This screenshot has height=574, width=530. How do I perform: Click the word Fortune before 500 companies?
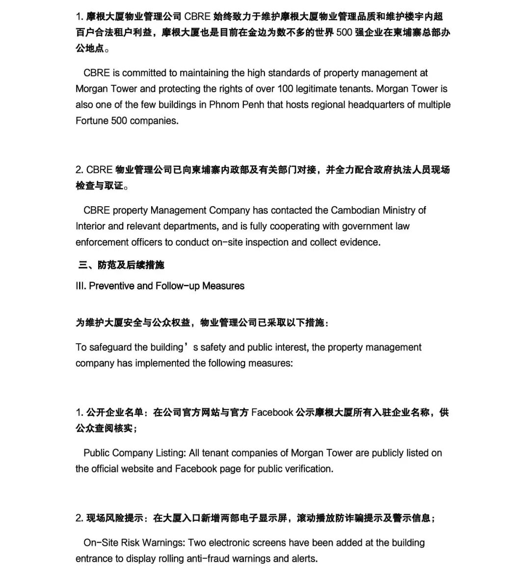(92, 121)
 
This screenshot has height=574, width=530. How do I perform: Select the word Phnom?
(225, 105)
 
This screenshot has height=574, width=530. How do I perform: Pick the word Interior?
(90, 226)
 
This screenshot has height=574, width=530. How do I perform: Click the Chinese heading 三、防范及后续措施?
(121, 265)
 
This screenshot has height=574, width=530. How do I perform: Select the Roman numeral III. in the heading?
(81, 286)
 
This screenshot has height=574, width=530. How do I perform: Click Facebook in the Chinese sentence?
(272, 412)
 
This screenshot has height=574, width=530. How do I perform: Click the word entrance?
(95, 559)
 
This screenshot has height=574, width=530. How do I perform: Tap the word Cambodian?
(358, 211)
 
